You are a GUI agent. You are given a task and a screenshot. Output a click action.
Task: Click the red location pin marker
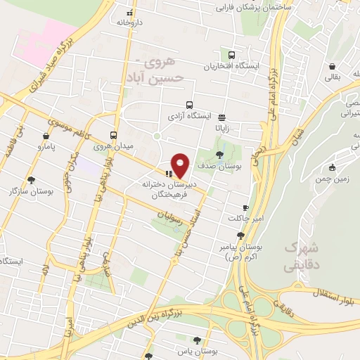point(181,165)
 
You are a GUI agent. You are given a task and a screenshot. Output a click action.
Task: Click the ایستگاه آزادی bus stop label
point(185,115)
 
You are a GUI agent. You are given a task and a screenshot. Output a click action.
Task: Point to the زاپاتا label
point(222,129)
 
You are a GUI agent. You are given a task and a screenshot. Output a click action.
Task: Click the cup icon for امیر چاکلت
point(245,207)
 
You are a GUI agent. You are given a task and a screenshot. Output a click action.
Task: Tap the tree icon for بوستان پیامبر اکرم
point(240,236)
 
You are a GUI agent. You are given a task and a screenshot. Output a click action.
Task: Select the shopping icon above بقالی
point(330,67)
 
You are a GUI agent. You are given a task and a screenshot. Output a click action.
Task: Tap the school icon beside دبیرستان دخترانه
point(168,173)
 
